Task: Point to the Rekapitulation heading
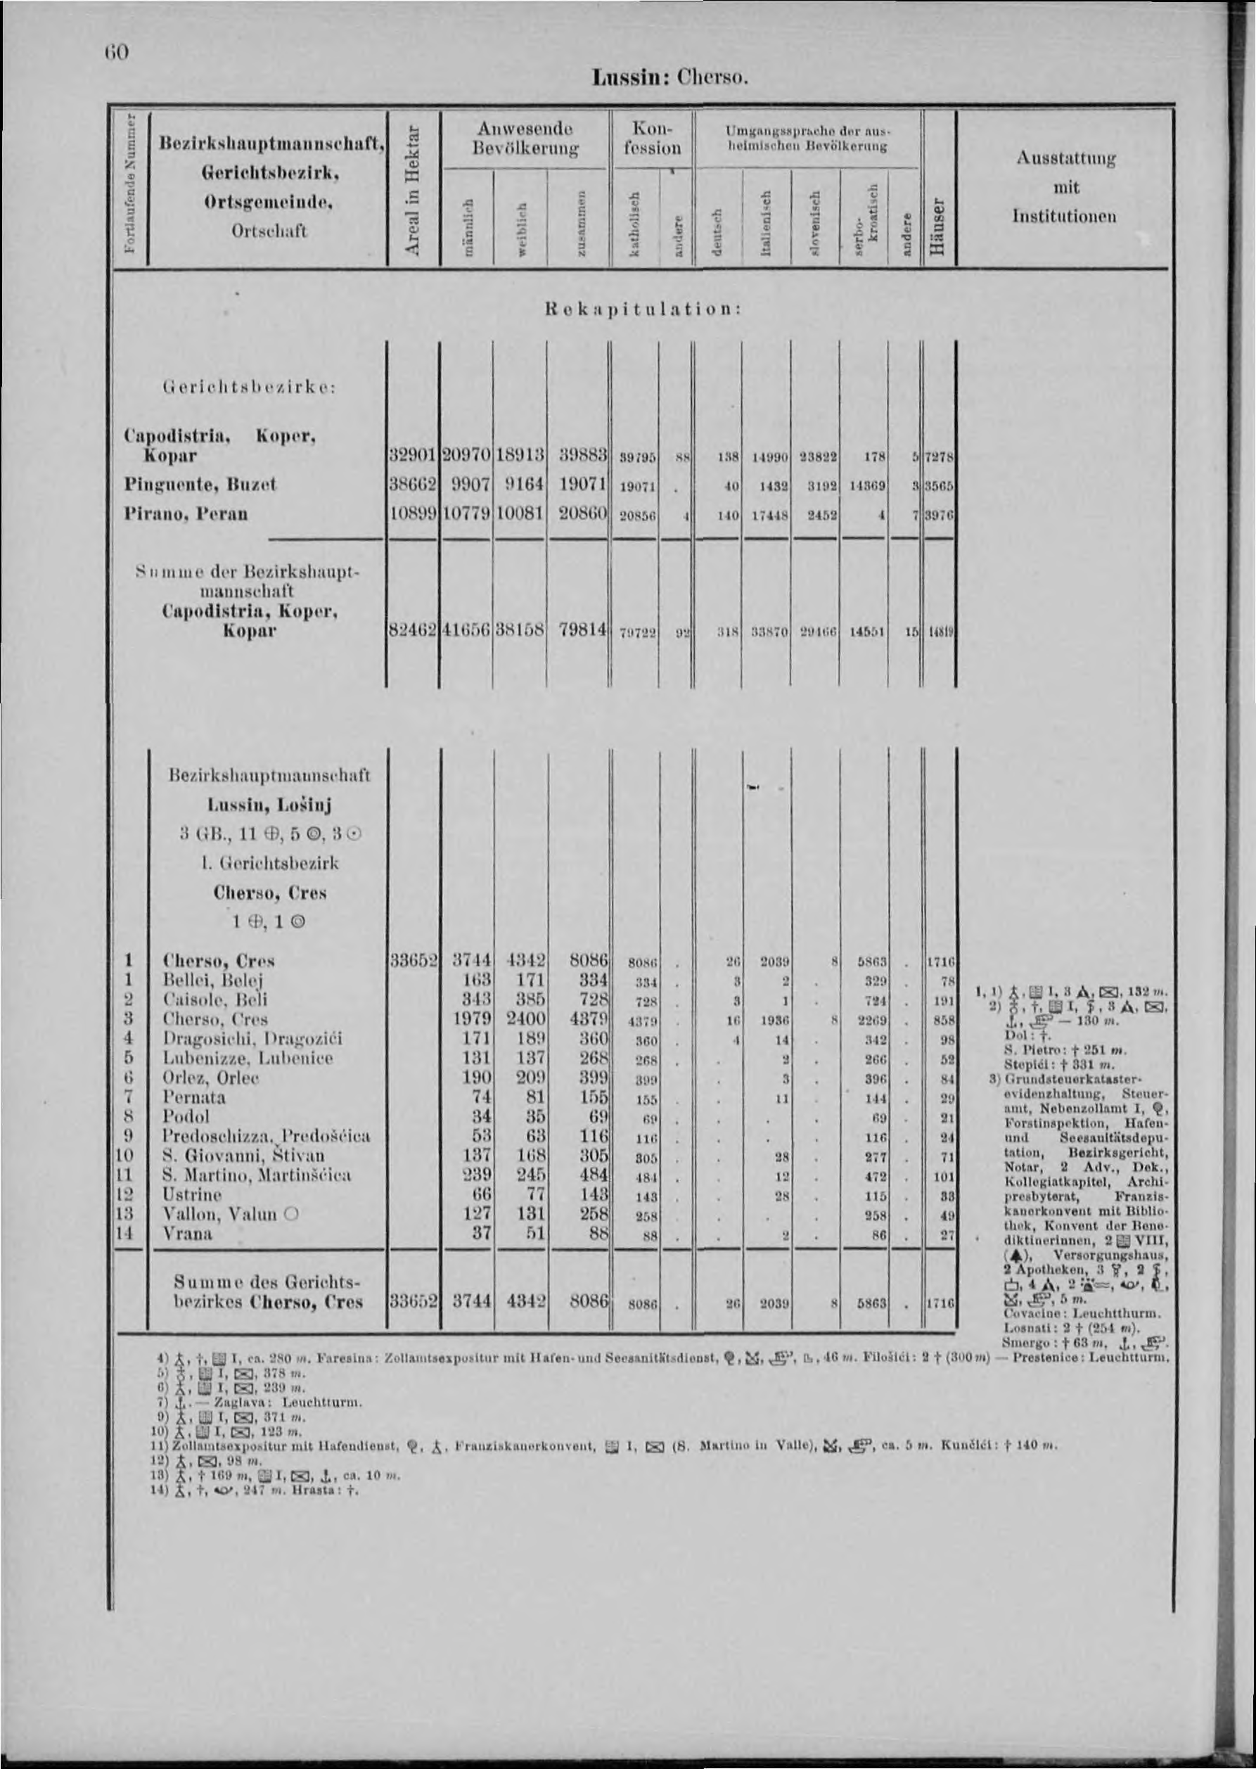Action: click(643, 308)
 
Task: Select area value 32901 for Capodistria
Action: click(413, 456)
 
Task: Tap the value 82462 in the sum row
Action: click(413, 631)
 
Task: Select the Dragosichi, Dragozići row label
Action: click(252, 1039)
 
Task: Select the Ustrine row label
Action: click(192, 1195)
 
